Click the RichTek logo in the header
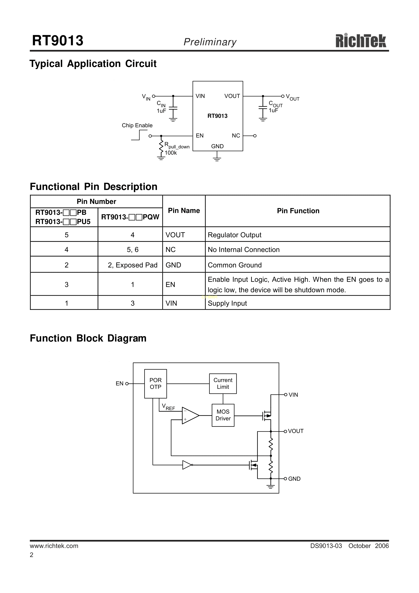[361, 41]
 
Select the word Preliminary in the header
[210, 42]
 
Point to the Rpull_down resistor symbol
[161, 147]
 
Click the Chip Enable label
[137, 126]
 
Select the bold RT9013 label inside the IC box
[217, 116]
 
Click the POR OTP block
[155, 384]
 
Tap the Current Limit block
[223, 384]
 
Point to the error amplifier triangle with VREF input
[190, 416]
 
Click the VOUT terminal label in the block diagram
[296, 431]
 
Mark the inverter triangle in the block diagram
[187, 465]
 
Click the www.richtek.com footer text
[54, 546]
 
